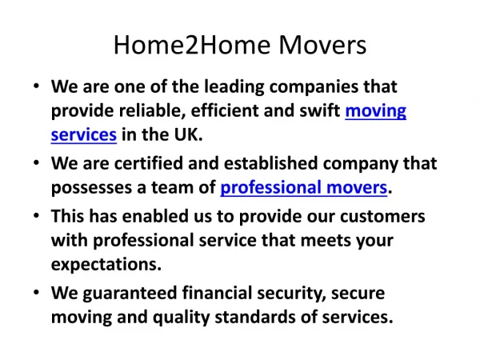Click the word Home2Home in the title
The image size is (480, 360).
pos(192,45)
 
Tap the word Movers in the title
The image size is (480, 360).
pos(322,45)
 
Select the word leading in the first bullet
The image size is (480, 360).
pos(234,87)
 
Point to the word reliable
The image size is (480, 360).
pos(153,110)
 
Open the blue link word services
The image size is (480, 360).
pos(84,134)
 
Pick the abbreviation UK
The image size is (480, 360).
pos(188,134)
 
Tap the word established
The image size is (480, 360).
pos(271,163)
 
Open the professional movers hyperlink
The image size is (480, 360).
pos(304,187)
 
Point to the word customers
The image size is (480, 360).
pos(382,217)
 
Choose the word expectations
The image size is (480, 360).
pos(106,265)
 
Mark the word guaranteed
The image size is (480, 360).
pos(130,294)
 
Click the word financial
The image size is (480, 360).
pos(217,293)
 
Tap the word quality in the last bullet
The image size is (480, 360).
pos(182,318)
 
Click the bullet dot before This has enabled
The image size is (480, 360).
pos(37,215)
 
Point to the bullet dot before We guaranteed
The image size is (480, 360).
pos(37,292)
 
